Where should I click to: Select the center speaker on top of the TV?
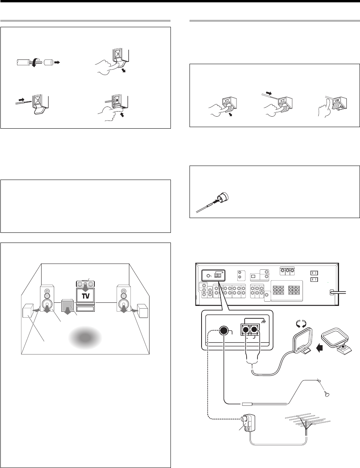85,283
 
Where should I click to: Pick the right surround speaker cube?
141,311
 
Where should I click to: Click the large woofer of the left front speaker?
47,304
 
